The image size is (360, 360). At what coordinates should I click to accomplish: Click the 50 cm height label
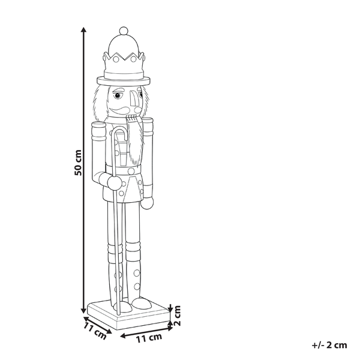click(77, 162)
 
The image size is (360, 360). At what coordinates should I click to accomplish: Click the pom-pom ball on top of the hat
click(123, 31)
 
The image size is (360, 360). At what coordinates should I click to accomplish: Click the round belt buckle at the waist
click(131, 172)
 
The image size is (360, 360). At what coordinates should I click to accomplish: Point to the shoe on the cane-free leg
click(140, 304)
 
